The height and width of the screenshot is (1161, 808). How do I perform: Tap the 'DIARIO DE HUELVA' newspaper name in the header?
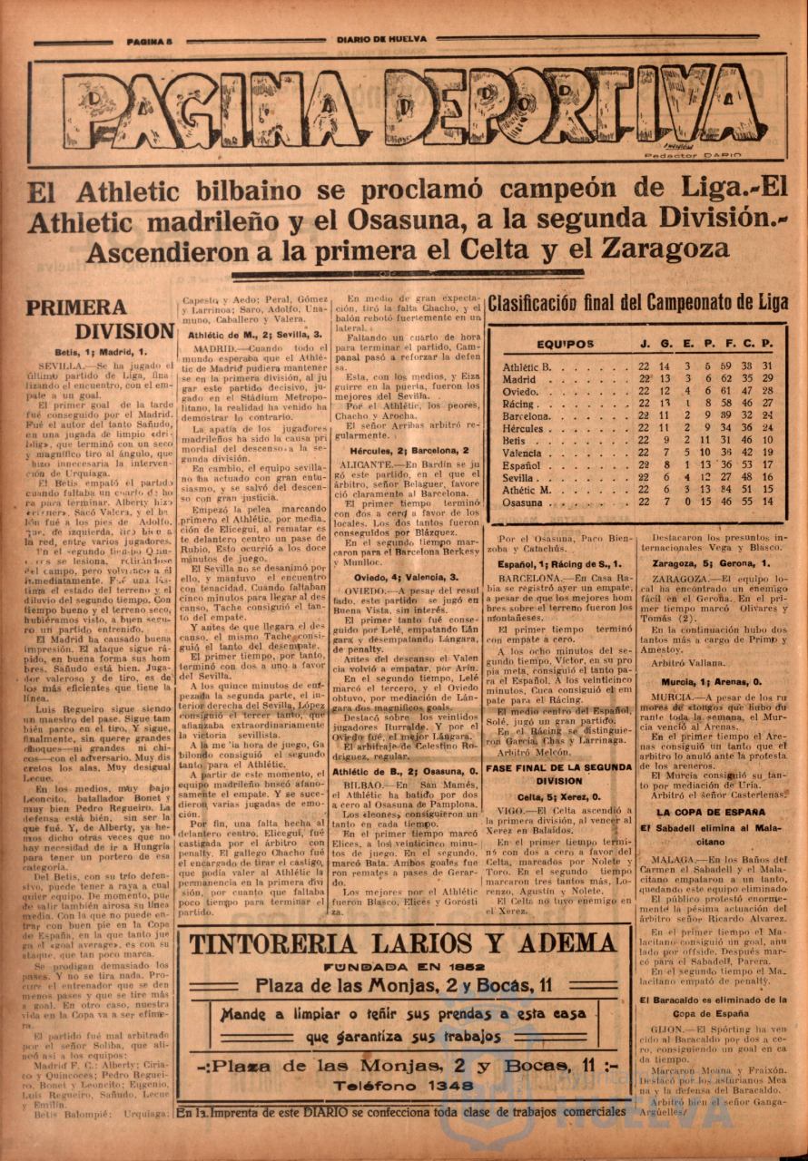(381, 39)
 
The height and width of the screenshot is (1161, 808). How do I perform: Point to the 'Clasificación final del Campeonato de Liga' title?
(638, 304)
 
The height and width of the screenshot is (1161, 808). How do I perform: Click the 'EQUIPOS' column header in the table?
(565, 345)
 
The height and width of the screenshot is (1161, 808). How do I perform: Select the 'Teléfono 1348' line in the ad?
(403, 1085)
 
